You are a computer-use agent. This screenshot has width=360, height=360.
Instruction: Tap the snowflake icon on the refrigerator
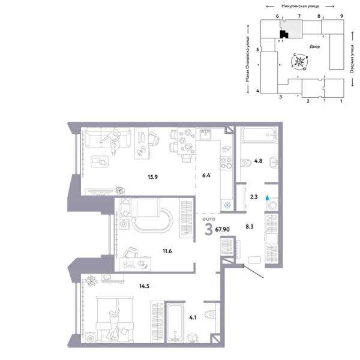coord(227,205)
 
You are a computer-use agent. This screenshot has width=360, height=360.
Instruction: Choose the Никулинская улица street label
coord(298,5)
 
